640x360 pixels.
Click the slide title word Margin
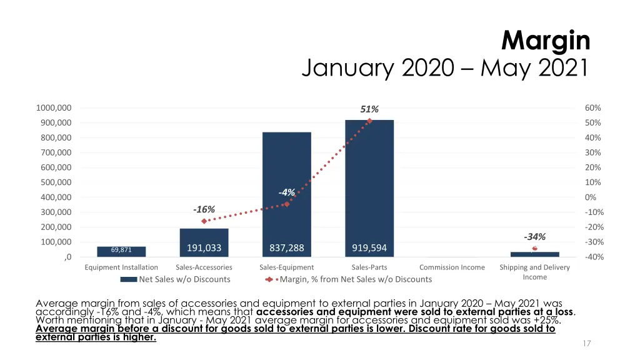[x=546, y=41]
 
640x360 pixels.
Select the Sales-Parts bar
[x=369, y=187]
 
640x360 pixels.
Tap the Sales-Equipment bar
[x=287, y=194]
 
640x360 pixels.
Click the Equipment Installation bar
[x=121, y=251]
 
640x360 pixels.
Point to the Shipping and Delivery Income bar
[x=534, y=254]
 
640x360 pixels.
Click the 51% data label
[x=369, y=109]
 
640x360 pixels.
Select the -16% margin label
[x=204, y=209]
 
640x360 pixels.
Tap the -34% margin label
[x=535, y=237]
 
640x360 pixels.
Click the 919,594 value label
[x=369, y=248]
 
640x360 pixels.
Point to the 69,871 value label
[x=121, y=250]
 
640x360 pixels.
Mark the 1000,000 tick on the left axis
[x=54, y=108]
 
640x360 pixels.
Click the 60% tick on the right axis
[x=593, y=108]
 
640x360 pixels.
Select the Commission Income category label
[x=452, y=267]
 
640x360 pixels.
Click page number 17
[x=587, y=343]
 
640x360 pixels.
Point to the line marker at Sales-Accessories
[x=204, y=221]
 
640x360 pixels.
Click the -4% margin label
[x=287, y=192]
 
